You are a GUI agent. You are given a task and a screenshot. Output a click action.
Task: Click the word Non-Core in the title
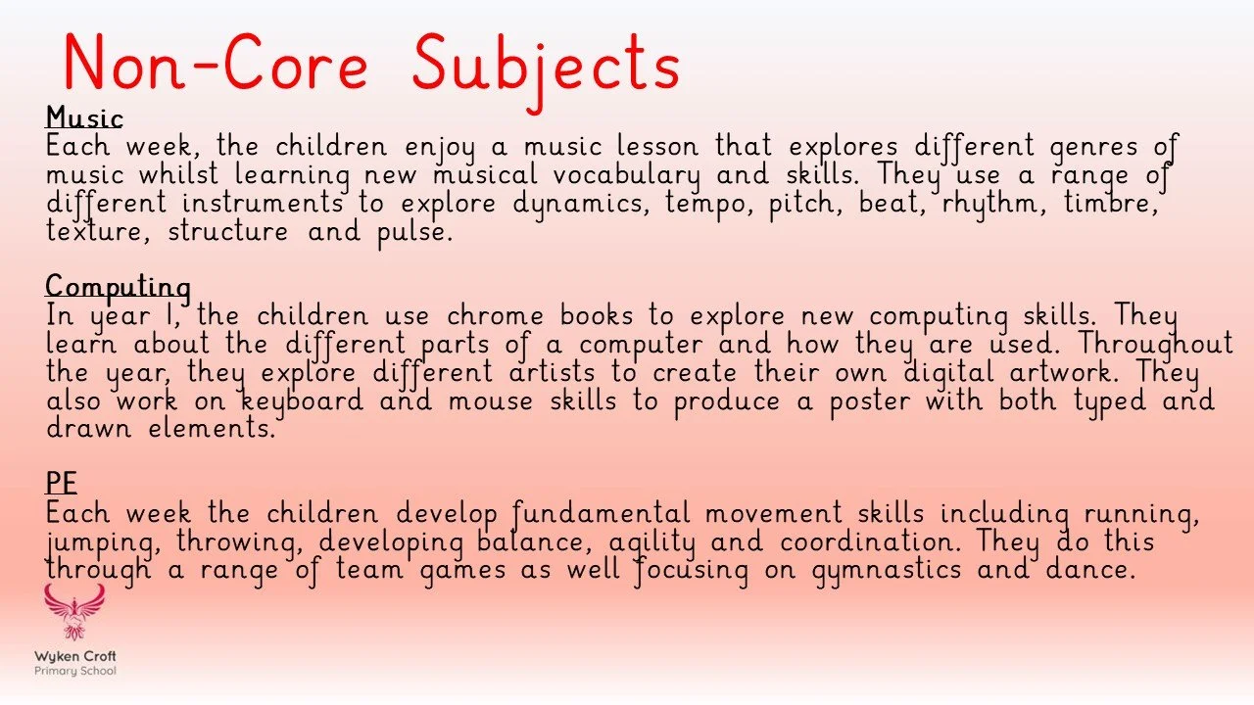coord(216,64)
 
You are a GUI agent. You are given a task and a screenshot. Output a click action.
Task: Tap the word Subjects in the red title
coord(546,64)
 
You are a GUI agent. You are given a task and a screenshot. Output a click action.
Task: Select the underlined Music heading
coord(84,118)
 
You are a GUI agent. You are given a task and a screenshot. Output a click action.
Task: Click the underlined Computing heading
coord(118,287)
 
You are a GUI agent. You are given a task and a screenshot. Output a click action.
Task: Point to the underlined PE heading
coord(61,484)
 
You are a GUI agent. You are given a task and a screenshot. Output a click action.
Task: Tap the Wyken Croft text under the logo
coord(75,656)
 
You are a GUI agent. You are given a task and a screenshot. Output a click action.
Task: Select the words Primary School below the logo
coord(75,671)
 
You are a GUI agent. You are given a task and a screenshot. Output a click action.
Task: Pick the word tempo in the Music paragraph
coord(708,204)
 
